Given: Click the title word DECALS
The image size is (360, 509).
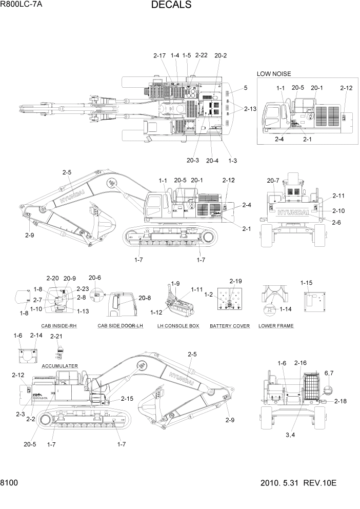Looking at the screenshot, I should pyautogui.click(x=171, y=6).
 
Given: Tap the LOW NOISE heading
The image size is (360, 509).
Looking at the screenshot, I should pyautogui.click(x=274, y=74).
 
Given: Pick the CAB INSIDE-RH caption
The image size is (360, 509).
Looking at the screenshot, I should pyautogui.click(x=59, y=326).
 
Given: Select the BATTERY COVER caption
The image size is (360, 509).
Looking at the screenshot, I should pyautogui.click(x=230, y=326).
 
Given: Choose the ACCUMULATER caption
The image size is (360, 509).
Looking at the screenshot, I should pyautogui.click(x=59, y=366).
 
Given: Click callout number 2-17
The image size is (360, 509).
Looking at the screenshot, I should pyautogui.click(x=159, y=55).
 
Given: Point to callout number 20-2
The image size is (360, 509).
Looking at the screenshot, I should pyautogui.click(x=221, y=55).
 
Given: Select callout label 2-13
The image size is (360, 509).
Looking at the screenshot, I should pyautogui.click(x=250, y=109).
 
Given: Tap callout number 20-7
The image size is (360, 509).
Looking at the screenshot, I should pyautogui.click(x=273, y=180).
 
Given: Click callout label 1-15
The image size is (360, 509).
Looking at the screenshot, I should pyautogui.click(x=307, y=283).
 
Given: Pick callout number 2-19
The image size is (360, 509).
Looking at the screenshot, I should pyautogui.click(x=235, y=281).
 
